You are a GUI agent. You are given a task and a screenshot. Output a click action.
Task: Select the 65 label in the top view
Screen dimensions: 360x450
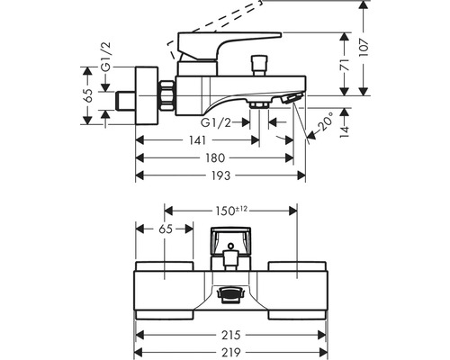pos(166,230)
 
